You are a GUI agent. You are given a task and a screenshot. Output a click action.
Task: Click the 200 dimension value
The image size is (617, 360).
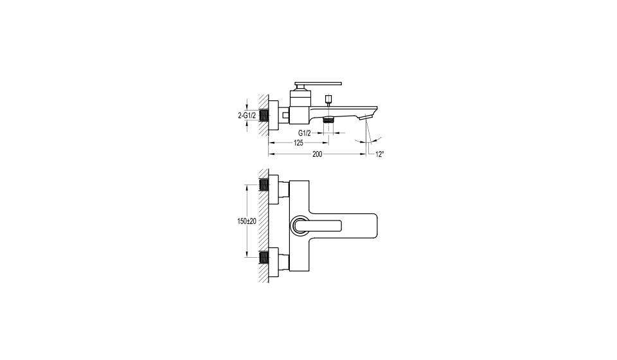317,154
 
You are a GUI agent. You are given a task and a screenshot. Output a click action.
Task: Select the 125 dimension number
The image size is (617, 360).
298,143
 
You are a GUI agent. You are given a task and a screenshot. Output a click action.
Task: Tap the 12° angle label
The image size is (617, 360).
379,155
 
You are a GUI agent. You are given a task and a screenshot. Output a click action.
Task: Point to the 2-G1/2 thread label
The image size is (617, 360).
247,116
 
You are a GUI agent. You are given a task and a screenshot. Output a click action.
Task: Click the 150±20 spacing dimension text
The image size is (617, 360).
247,221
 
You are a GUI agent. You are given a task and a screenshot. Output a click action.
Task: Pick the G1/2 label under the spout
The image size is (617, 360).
305,133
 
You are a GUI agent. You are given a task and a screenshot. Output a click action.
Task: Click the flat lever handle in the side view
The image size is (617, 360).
318,84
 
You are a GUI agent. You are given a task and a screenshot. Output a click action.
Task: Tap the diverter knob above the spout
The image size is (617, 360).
328,98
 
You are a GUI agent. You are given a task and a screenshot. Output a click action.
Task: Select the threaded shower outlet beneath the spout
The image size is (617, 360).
328,120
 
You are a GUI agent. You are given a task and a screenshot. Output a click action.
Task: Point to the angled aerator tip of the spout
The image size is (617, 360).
367,117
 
